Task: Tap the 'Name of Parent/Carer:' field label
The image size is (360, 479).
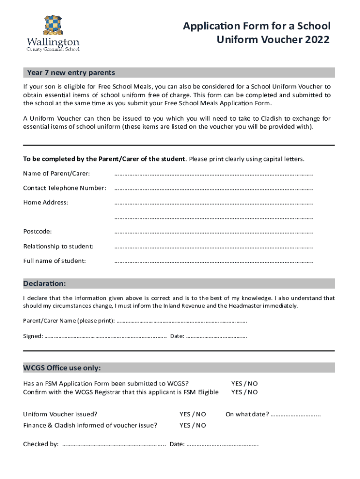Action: tap(57, 174)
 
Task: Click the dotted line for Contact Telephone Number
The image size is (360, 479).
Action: tap(214, 188)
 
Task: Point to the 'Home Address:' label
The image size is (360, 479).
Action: tap(46, 202)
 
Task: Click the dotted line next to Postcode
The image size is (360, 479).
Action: tap(214, 232)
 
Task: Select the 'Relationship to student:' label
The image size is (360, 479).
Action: tap(58, 246)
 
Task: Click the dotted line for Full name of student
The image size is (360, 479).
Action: tap(214, 261)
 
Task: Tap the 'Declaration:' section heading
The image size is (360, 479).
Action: tap(45, 283)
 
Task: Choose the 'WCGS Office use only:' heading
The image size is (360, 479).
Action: tap(62, 368)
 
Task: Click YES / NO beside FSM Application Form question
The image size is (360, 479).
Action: tap(245, 384)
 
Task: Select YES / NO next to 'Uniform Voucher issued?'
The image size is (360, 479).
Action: tap(193, 414)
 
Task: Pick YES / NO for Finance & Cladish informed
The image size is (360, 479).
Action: tap(193, 425)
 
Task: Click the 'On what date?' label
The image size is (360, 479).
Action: tap(247, 414)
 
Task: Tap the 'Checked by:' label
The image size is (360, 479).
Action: tap(41, 444)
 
